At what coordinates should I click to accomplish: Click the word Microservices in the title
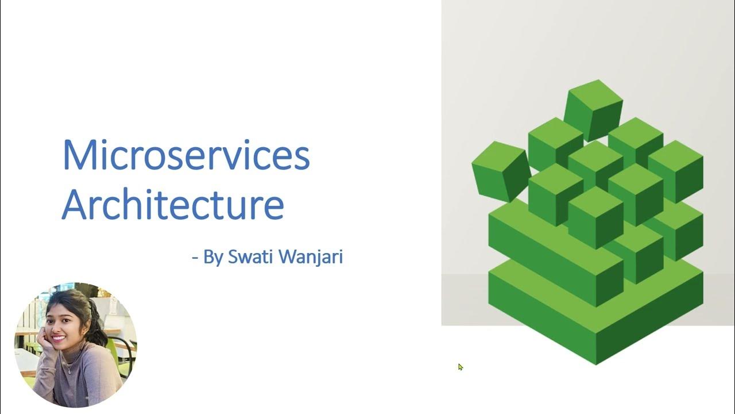click(x=185, y=155)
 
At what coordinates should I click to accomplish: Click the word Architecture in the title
click(x=172, y=204)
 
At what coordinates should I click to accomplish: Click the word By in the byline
click(x=213, y=258)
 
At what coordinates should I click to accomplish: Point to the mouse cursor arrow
click(x=460, y=367)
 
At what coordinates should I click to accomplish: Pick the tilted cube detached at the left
click(x=501, y=171)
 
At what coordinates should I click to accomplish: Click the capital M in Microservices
click(x=78, y=155)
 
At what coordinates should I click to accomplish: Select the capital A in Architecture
click(x=75, y=204)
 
